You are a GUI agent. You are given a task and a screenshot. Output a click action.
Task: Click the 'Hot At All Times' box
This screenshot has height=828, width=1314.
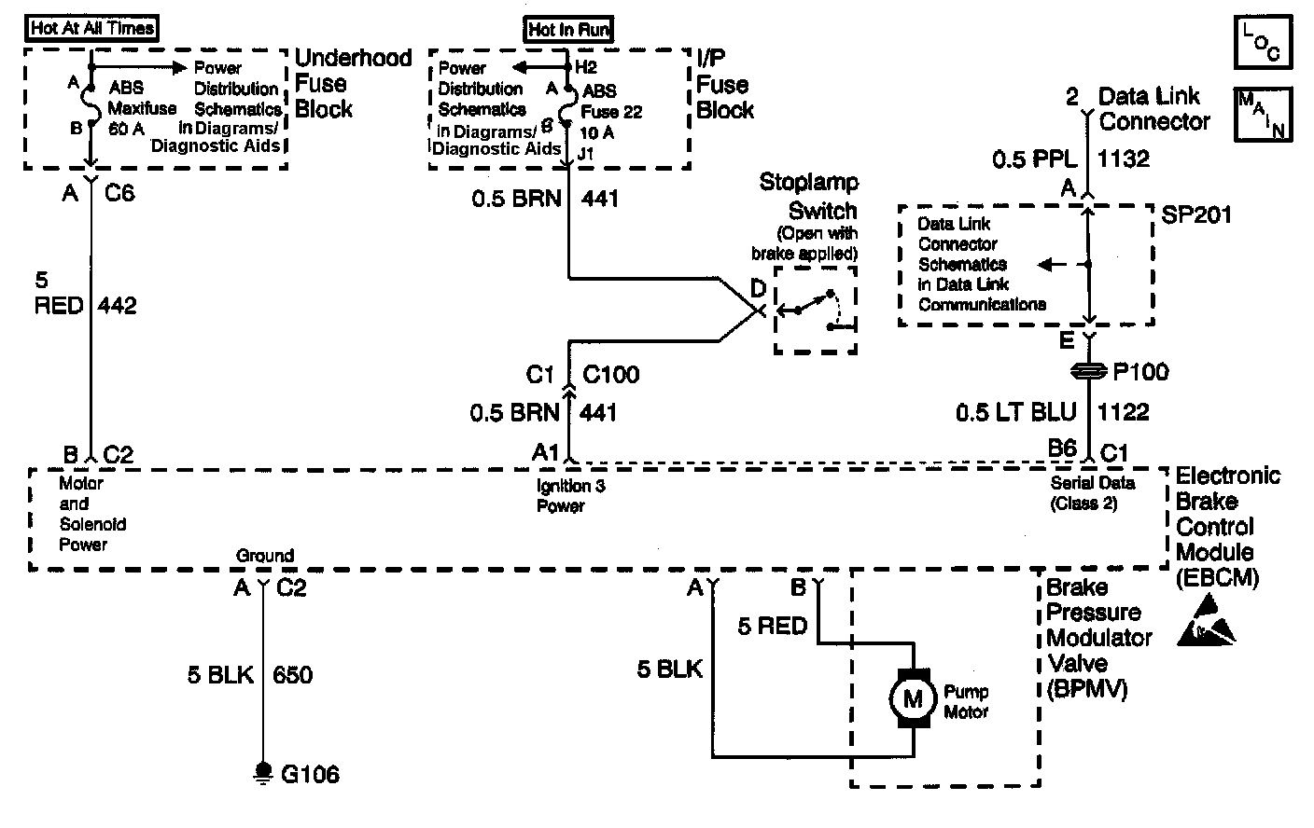pyautogui.click(x=91, y=28)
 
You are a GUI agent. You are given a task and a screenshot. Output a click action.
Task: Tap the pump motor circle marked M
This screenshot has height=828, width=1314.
pyautogui.click(x=912, y=697)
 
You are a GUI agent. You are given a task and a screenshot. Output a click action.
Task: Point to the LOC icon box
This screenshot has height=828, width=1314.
pyautogui.click(x=1263, y=43)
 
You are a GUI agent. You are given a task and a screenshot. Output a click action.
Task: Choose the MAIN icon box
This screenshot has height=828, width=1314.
pyautogui.click(x=1263, y=114)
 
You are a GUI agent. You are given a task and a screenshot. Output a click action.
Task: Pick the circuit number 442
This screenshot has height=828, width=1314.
pyautogui.click(x=117, y=305)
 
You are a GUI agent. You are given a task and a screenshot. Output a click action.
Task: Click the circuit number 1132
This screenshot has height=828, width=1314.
pyautogui.click(x=1124, y=158)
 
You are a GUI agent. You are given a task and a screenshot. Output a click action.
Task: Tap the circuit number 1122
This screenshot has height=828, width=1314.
pyautogui.click(x=1124, y=411)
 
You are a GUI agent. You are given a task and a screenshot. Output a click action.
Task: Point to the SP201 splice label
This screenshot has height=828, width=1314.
pyautogui.click(x=1197, y=214)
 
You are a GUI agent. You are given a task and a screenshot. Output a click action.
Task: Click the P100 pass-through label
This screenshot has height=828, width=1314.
pyautogui.click(x=1140, y=372)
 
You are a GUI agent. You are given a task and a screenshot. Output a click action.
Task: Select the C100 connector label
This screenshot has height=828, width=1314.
pyautogui.click(x=611, y=375)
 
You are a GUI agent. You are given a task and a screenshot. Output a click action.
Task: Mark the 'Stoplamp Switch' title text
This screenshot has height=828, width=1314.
pyautogui.click(x=808, y=196)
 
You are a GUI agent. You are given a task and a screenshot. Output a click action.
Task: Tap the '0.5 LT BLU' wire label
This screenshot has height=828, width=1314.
pyautogui.click(x=1015, y=411)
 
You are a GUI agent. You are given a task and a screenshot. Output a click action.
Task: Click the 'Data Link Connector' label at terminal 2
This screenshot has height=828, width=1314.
pyautogui.click(x=1154, y=108)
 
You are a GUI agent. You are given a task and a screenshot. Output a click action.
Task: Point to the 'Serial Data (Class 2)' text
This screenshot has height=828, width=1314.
pyautogui.click(x=1092, y=493)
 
